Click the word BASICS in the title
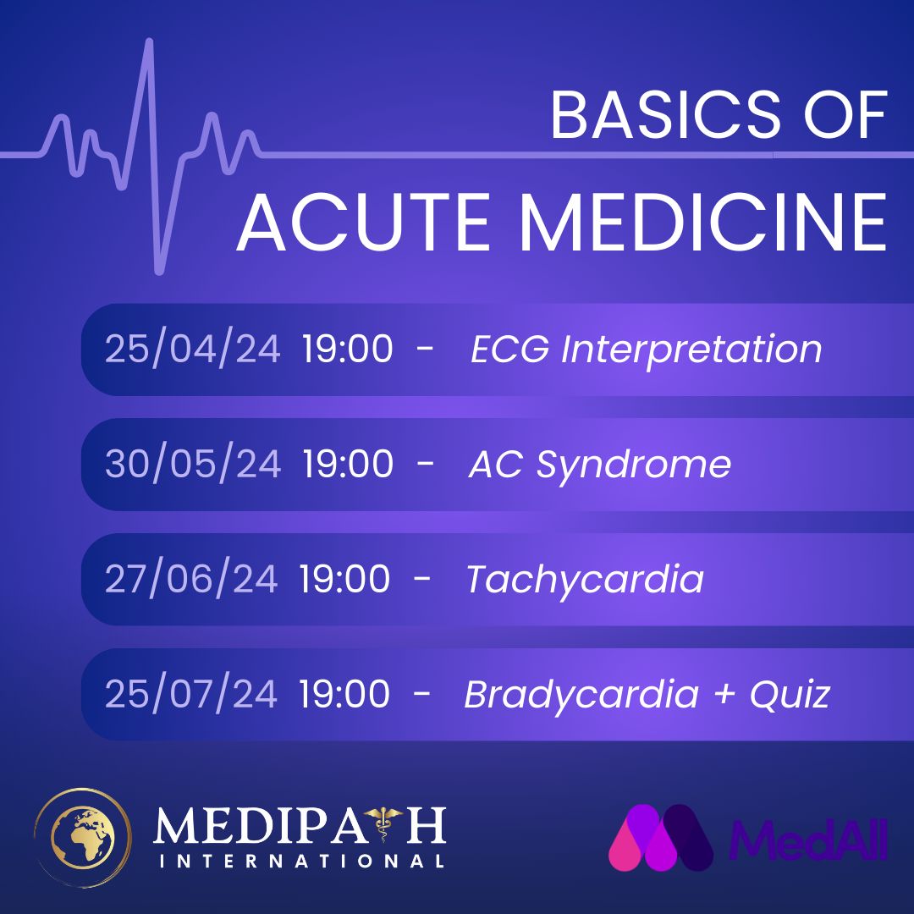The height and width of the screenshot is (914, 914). [x=665, y=115]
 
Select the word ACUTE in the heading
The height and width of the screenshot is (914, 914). [x=364, y=223]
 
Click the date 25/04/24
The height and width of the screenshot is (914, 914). [x=192, y=349]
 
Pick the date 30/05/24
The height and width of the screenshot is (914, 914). [x=193, y=464]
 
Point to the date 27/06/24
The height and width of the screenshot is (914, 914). [x=191, y=578]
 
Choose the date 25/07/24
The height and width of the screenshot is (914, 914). [x=191, y=693]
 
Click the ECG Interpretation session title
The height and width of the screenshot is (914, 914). [x=646, y=350]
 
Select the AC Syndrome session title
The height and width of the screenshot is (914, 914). [x=600, y=465]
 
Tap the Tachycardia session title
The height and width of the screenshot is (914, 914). [x=586, y=580]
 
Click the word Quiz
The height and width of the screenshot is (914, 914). [x=790, y=694]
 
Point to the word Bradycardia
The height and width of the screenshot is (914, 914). [x=581, y=694]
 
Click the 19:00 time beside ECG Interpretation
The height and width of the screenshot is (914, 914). [x=348, y=349]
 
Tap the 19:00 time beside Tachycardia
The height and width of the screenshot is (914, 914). [x=344, y=578]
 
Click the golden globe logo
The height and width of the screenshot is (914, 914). [x=83, y=838]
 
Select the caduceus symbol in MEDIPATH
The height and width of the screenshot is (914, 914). [x=383, y=823]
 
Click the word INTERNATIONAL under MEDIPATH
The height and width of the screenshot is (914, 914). [x=301, y=862]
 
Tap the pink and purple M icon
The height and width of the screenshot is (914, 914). [x=661, y=838]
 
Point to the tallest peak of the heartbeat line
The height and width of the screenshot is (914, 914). [x=149, y=42]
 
